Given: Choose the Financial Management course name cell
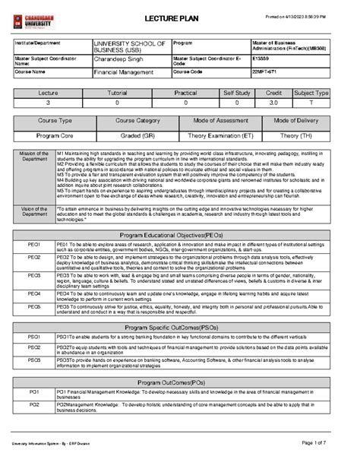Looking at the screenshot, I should (x=124, y=72).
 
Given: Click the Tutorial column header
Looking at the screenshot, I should (x=118, y=93).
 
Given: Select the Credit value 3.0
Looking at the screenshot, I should (x=275, y=101).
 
